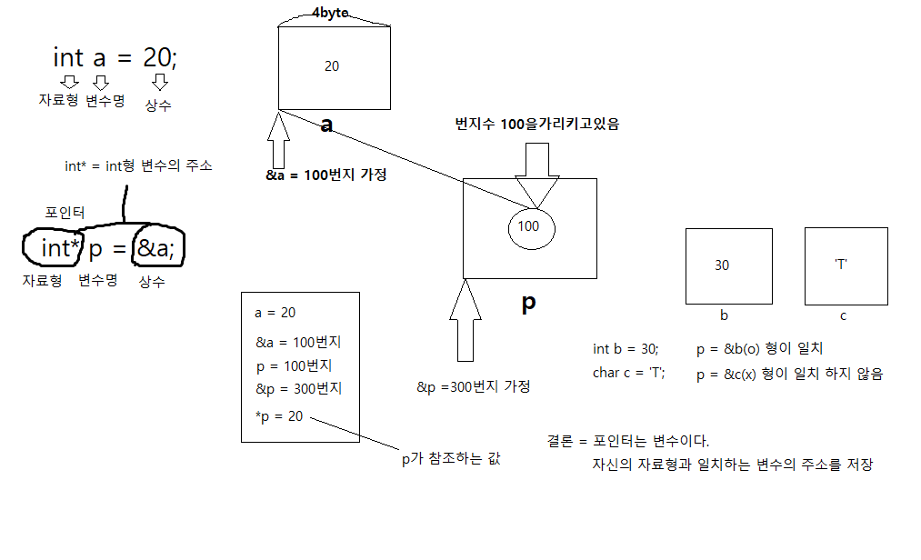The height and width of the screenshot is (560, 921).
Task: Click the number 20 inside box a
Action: [x=332, y=66]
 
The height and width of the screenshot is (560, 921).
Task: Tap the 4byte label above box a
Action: [x=330, y=14]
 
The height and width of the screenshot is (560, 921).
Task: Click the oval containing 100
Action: [x=528, y=225]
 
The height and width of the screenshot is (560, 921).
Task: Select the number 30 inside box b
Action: [x=722, y=265]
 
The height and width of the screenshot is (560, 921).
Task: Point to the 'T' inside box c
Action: [x=841, y=265]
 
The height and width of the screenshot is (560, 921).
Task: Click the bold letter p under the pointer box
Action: [x=528, y=304]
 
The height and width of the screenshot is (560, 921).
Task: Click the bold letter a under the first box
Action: [x=328, y=125]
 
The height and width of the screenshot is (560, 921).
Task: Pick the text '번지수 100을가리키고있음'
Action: [x=536, y=125]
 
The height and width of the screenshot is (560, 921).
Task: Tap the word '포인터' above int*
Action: [x=65, y=212]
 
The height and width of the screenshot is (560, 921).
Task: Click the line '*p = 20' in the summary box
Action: [x=278, y=416]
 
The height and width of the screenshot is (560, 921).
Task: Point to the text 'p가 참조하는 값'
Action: [x=451, y=459]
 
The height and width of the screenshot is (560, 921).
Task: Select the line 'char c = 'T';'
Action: [x=629, y=373]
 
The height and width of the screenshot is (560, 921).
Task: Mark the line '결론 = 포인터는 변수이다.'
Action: [x=627, y=441]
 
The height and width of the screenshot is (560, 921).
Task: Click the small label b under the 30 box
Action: [x=724, y=315]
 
